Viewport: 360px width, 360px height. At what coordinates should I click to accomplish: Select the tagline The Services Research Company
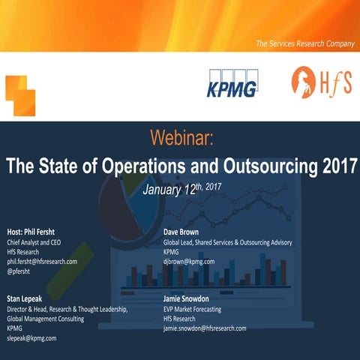(x=304, y=44)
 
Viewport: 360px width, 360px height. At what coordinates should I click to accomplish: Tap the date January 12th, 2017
(x=181, y=187)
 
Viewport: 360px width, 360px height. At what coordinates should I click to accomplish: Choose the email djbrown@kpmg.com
(x=189, y=262)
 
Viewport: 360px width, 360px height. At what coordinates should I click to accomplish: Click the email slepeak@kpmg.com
(x=31, y=337)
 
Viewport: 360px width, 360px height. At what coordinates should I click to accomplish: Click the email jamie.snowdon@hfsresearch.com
(x=205, y=328)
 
